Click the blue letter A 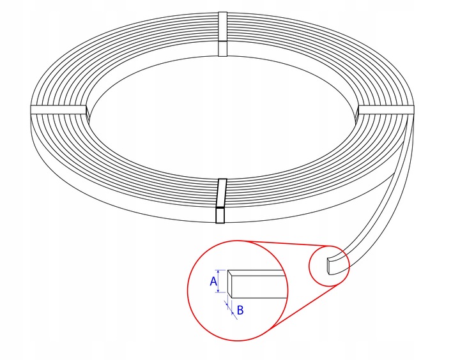[213, 281]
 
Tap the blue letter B [240, 310]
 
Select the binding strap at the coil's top [223, 34]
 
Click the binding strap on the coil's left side [59, 110]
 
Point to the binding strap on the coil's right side [385, 110]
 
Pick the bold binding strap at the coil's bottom [221, 201]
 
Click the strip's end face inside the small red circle [329, 266]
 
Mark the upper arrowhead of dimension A [218, 271]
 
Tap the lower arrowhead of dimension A [218, 290]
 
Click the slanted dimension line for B [231, 310]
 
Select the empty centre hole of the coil [222, 117]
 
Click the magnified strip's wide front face [259, 287]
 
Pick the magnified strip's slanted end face [230, 284]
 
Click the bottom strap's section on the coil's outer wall [220, 215]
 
